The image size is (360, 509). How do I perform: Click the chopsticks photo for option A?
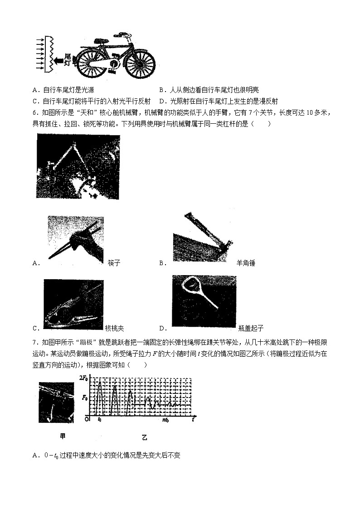[x=76, y=238]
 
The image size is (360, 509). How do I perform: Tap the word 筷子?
[x=114, y=263]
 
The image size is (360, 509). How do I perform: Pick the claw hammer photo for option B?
[x=203, y=236]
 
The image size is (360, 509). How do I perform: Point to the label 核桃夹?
[x=114, y=328]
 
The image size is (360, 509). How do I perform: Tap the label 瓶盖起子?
[x=250, y=328]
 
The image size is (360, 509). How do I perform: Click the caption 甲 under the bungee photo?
[x=63, y=436]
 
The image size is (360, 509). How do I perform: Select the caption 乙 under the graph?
[x=145, y=437]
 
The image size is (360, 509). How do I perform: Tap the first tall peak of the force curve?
[x=100, y=383]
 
